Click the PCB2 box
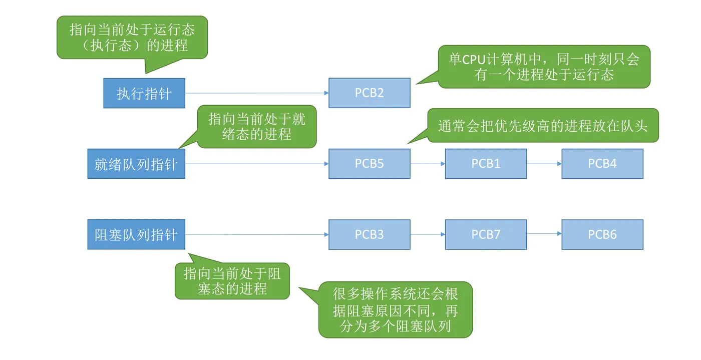click(370, 93)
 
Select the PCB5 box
click(370, 164)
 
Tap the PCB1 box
click(486, 164)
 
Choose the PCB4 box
click(602, 164)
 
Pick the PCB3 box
click(370, 234)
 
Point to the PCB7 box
click(486, 234)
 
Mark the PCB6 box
click(602, 234)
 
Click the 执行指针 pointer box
click(144, 93)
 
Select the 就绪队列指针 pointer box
click(136, 164)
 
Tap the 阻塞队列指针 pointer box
click(136, 234)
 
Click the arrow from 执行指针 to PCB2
click(257, 93)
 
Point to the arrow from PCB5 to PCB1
click(428, 164)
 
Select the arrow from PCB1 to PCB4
click(545, 164)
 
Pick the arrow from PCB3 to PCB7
click(428, 234)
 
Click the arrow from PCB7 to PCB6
click(545, 233)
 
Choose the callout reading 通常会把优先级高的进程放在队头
click(543, 126)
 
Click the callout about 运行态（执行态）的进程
click(132, 38)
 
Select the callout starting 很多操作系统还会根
click(395, 309)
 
